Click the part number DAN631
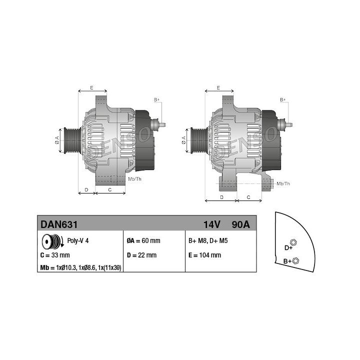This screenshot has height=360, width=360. point(59,224)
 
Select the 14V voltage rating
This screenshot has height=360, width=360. point(212,224)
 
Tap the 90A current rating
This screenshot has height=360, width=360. point(240,224)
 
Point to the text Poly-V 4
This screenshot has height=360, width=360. point(78,240)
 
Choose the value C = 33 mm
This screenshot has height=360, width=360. point(55,255)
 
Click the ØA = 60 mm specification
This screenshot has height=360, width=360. point(143,240)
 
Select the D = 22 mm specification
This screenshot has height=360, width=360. point(141,255)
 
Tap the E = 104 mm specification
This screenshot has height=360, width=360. point(205,255)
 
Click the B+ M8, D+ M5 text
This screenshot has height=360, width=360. point(208,240)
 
